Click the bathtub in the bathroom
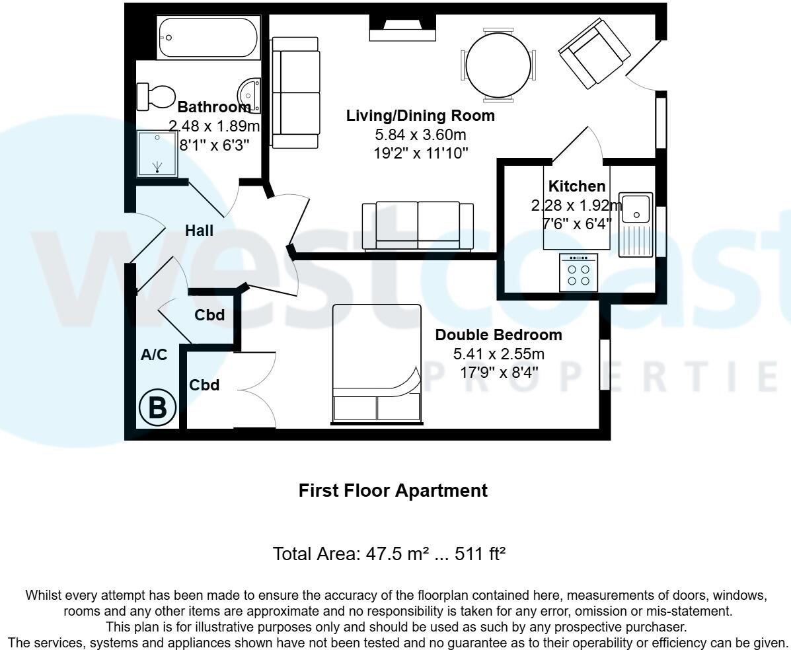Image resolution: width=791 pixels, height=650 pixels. (x=208, y=38)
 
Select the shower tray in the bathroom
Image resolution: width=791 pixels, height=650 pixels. (x=157, y=153)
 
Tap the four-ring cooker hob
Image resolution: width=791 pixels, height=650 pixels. (x=578, y=272)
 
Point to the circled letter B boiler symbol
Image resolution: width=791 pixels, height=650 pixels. (x=157, y=408)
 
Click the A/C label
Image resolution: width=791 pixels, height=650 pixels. (x=154, y=355)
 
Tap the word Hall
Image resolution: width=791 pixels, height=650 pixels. (x=199, y=231)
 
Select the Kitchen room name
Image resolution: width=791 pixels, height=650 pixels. (x=576, y=186)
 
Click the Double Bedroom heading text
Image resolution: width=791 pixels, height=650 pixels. (x=498, y=335)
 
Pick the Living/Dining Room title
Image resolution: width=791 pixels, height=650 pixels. (x=420, y=116)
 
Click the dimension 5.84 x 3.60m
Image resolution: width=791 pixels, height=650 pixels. (x=420, y=135)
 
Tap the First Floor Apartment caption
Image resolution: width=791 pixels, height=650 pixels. (x=393, y=491)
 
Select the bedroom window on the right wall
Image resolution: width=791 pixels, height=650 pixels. (x=604, y=365)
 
